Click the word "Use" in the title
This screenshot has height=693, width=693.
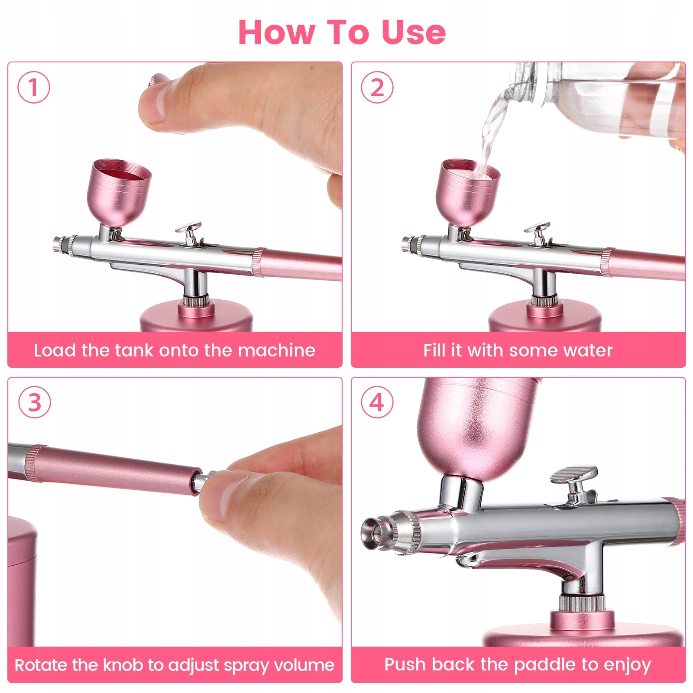(413, 32)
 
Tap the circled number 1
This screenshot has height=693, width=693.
(34, 87)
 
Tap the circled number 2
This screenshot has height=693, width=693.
(377, 87)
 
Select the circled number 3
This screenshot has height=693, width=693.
(34, 402)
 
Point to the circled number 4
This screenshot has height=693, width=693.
(377, 402)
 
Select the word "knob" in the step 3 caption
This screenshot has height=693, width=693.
(123, 665)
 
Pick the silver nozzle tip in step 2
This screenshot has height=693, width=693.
(409, 243)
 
